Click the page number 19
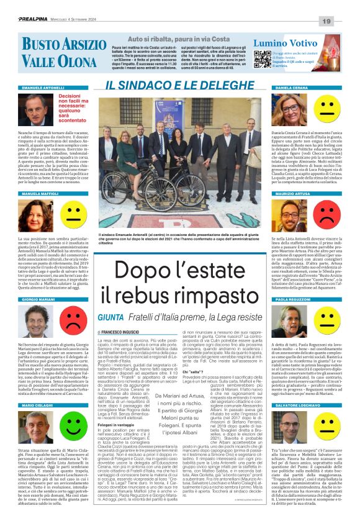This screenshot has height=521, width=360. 344,22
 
